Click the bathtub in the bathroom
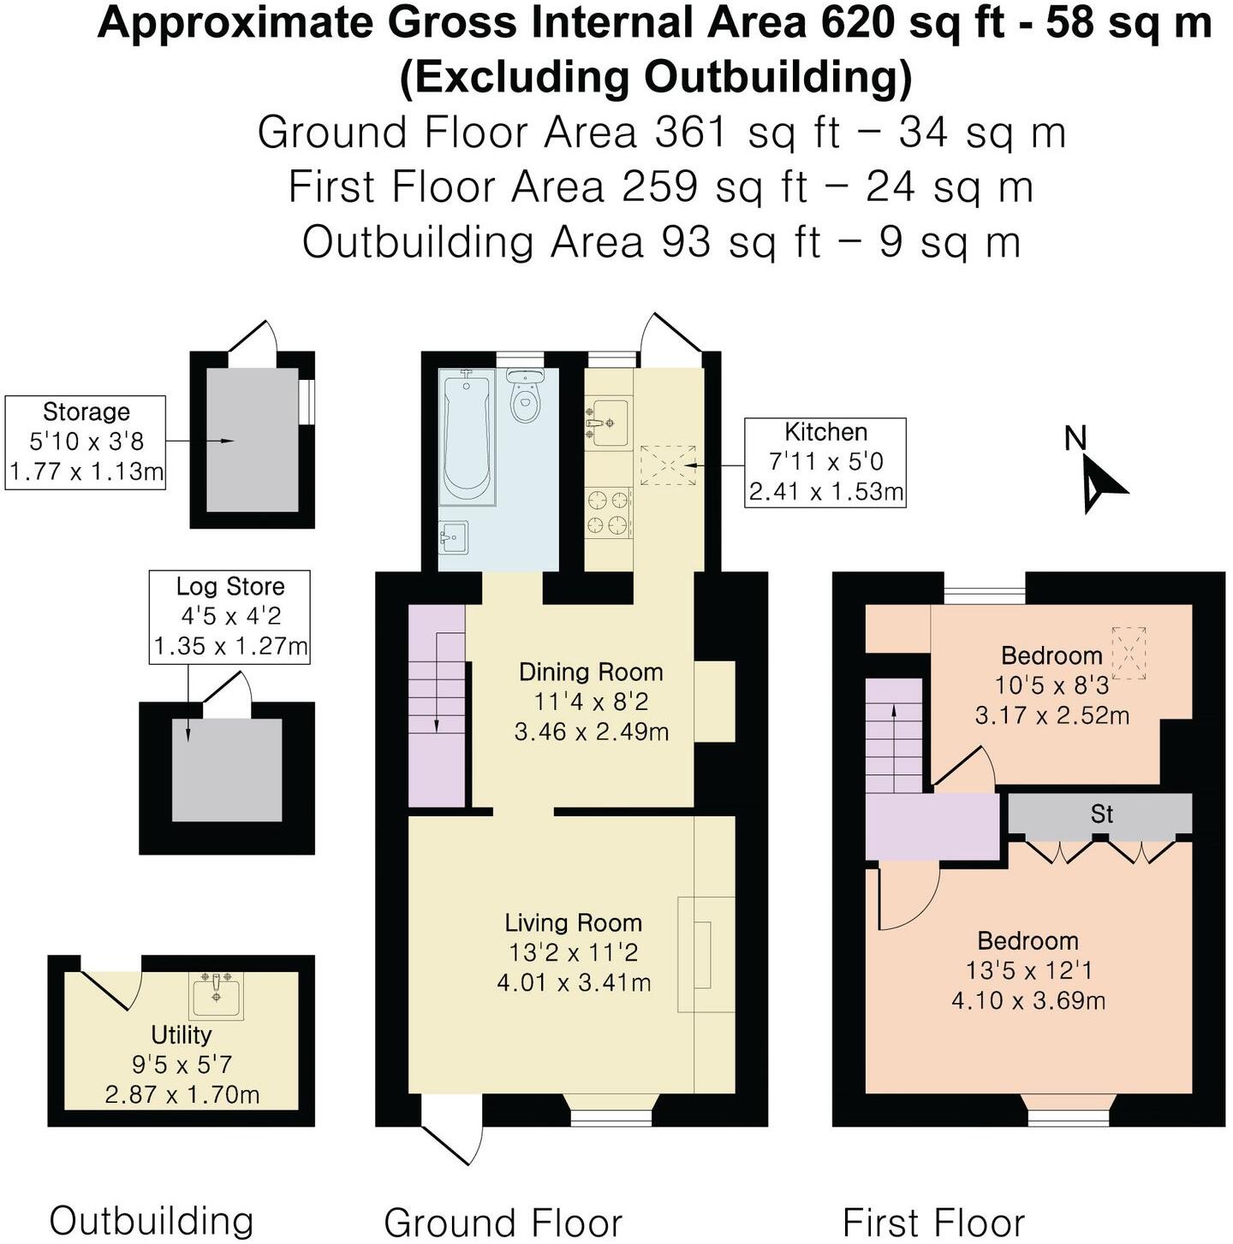467,436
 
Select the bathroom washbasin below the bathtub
453,537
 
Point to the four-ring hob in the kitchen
608,512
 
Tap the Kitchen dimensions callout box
825,462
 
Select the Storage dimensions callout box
86,442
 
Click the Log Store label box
229,616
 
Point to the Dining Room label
591,672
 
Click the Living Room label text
573,923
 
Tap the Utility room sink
216,994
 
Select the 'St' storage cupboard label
1101,814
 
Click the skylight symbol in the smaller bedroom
1129,653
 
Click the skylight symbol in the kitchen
668,465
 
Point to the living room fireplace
704,955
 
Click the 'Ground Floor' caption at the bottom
503,1222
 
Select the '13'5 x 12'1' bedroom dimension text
1027,971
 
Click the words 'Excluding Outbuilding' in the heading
656,77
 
